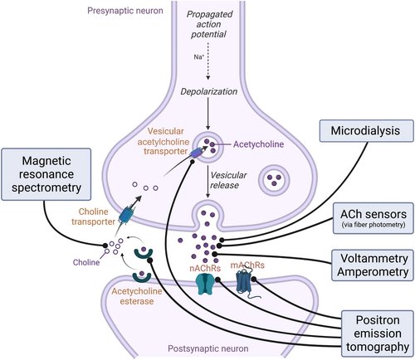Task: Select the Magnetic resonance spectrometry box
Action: pos(46,176)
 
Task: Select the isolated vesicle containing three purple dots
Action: pos(275,178)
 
